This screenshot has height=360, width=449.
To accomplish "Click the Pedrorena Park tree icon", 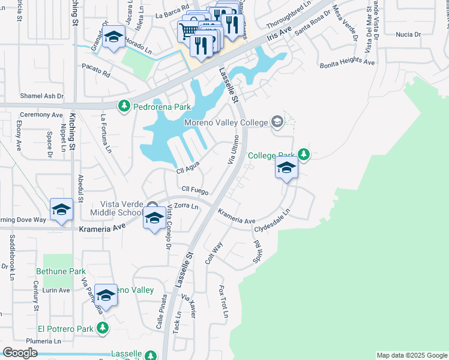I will click(x=124, y=107).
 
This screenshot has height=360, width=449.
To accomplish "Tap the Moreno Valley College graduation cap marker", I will click(x=277, y=122).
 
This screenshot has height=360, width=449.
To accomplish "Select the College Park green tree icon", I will click(x=304, y=155).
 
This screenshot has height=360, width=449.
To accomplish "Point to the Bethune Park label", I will click(x=61, y=271).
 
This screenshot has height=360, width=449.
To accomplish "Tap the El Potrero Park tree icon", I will click(x=103, y=328).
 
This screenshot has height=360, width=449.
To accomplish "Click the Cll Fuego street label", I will click(x=195, y=190).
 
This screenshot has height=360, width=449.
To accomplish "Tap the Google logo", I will click(x=20, y=353).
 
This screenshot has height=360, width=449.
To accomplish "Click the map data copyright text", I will click(x=412, y=355).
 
